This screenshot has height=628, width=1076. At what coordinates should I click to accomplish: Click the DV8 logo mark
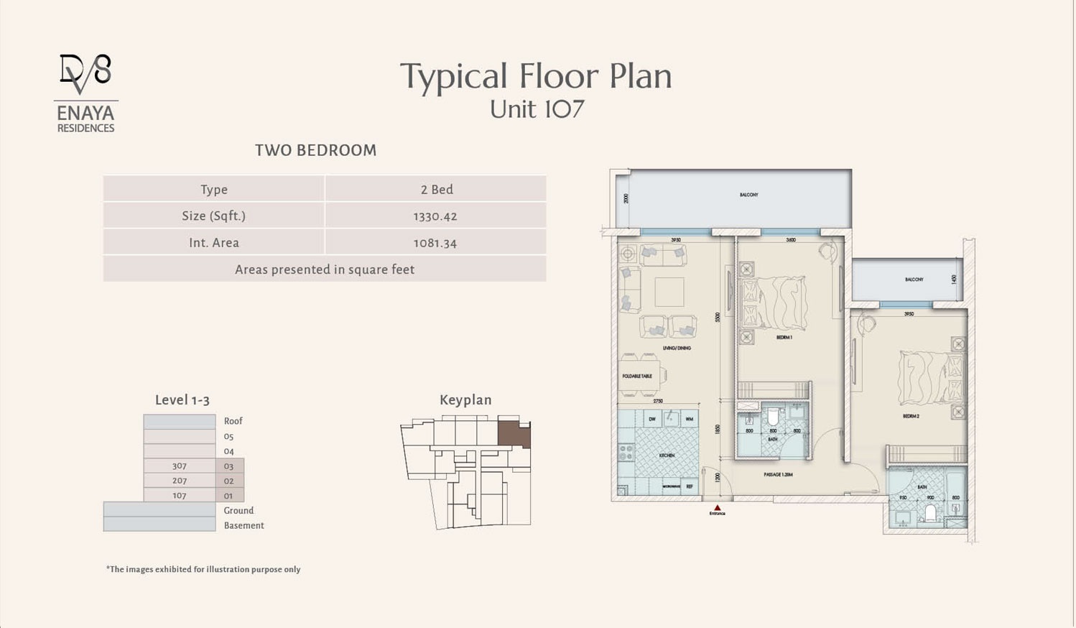click(85, 73)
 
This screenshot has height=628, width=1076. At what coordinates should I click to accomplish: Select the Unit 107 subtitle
click(537, 109)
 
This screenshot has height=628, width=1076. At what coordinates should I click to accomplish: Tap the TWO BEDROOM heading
click(315, 150)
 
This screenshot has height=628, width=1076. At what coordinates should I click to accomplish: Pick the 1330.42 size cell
click(435, 216)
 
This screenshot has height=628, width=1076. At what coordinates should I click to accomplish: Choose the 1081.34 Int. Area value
click(435, 243)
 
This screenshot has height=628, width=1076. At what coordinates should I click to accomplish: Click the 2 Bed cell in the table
click(436, 190)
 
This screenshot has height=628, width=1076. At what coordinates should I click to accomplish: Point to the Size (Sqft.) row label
click(213, 216)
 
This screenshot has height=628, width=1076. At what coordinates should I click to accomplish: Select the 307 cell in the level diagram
click(180, 466)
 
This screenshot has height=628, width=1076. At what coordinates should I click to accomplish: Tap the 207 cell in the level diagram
click(180, 481)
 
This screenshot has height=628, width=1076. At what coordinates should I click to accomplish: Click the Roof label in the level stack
click(233, 421)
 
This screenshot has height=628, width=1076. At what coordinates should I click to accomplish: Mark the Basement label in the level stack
click(244, 525)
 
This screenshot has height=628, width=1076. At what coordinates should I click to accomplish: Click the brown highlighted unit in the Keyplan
click(513, 433)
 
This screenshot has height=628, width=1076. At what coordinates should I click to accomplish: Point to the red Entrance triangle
click(717, 508)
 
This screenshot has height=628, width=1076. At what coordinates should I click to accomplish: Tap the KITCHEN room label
click(667, 456)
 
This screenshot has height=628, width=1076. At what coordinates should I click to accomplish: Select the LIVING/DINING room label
click(677, 348)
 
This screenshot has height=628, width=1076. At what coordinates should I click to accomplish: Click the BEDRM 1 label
click(784, 337)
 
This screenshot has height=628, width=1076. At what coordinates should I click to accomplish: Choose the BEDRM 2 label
click(911, 416)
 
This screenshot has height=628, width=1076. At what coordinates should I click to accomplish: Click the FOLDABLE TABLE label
click(637, 377)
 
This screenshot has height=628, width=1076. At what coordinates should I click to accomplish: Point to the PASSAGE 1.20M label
click(778, 475)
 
